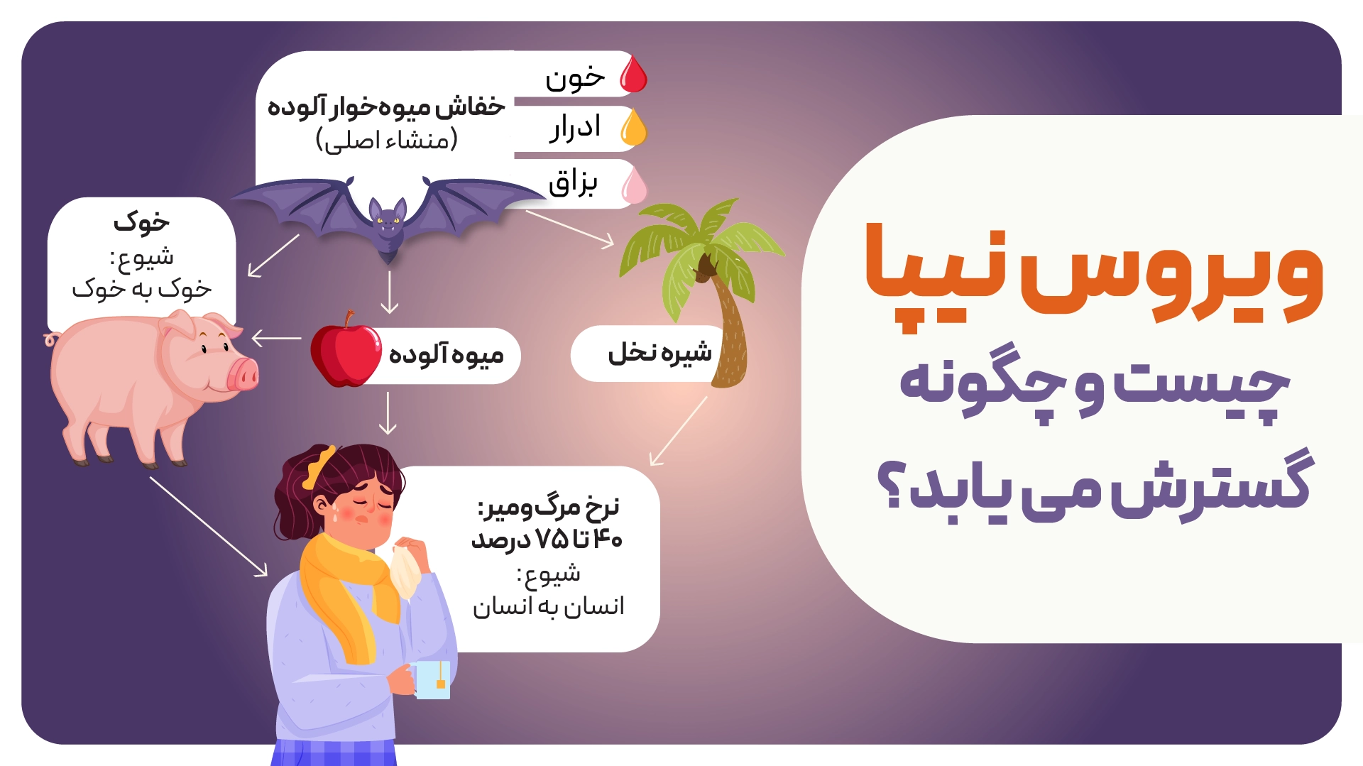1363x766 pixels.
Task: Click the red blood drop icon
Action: point(634,75)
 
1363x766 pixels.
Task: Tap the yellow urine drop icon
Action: point(634,128)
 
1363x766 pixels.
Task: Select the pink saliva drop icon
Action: point(634,185)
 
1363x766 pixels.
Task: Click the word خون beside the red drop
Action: point(575,77)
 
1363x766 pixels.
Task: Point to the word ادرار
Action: point(575,128)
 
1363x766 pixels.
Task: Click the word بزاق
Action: point(573,183)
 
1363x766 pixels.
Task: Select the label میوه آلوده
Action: point(446,354)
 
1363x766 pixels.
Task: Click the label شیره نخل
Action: point(659,353)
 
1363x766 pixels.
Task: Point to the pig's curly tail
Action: point(51,339)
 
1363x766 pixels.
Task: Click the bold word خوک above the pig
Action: point(141,222)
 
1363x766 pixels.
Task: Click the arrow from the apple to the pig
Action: point(276,338)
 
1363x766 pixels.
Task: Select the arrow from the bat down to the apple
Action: point(389,292)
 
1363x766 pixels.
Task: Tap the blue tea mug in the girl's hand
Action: point(432,679)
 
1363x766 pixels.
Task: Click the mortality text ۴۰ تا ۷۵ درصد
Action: point(547,540)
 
